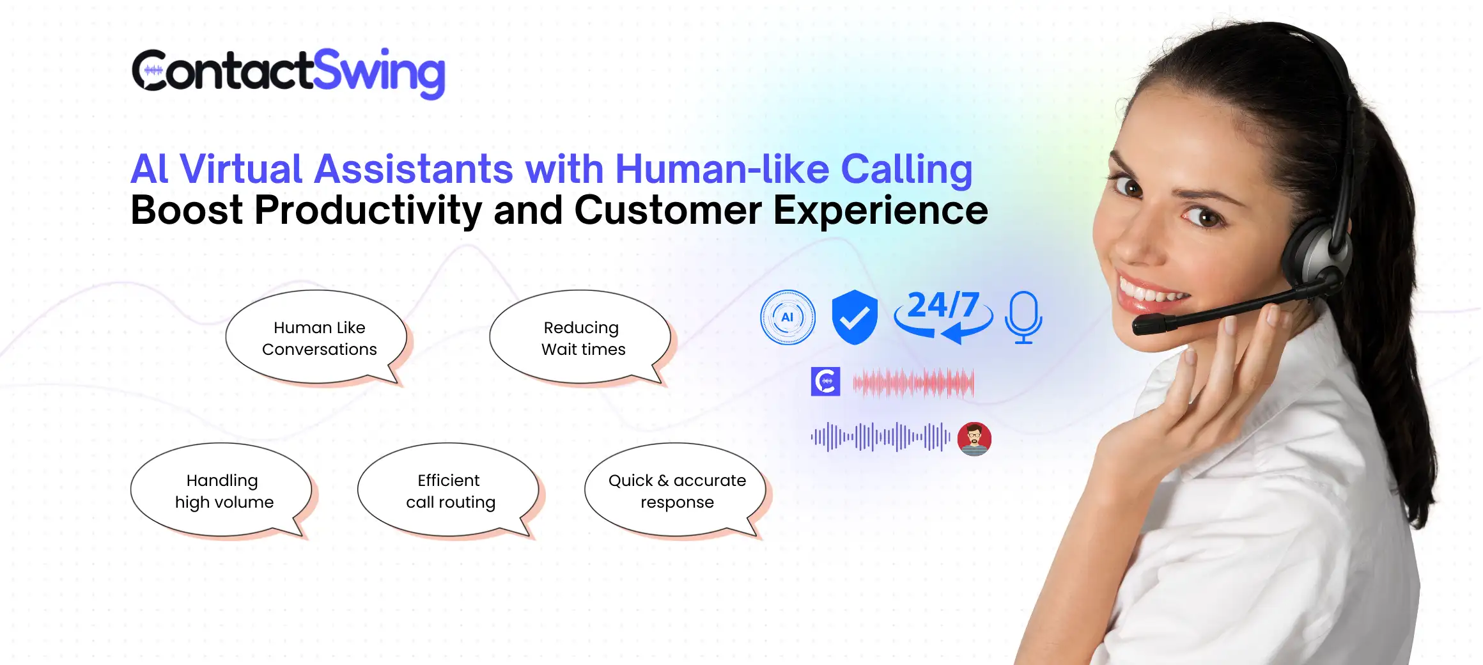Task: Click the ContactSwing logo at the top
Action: point(288,73)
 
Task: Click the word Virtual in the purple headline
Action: point(240,169)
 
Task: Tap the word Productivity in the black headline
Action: point(368,211)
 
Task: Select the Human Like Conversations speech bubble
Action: point(318,338)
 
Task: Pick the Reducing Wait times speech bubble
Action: point(580,338)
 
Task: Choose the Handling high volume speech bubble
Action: point(222,491)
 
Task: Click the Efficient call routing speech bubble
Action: point(449,491)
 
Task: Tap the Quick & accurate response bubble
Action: point(676,491)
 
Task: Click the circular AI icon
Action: point(788,317)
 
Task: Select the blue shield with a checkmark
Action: point(855,317)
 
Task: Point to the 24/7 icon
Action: point(943,315)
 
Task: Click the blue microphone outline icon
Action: point(1023,317)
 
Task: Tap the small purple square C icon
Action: point(826,382)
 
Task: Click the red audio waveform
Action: point(913,383)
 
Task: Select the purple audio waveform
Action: point(880,437)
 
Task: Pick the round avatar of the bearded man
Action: point(974,439)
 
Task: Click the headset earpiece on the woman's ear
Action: point(1317,253)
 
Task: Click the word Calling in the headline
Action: point(906,170)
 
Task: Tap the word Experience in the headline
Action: point(881,211)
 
